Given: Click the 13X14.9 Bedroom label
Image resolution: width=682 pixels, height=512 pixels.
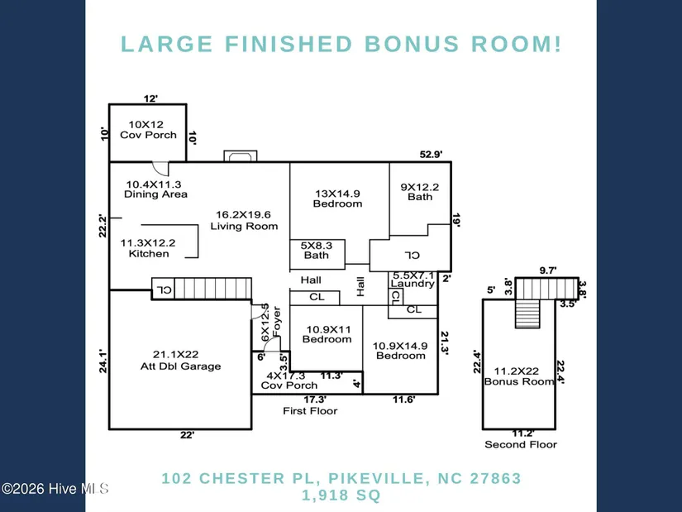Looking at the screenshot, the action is point(337,199).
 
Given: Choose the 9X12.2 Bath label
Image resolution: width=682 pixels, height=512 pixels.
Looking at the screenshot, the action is point(420,192).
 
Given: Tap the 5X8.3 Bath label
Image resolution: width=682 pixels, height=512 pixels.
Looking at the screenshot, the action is point(317,251).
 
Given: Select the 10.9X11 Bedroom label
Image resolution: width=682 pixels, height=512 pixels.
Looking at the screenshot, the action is point(327,334).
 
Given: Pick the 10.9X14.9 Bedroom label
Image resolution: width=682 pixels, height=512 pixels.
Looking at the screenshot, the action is point(400,351).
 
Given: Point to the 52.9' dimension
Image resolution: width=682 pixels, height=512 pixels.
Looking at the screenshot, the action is point(431,154).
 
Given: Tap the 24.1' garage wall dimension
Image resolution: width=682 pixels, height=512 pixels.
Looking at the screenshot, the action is point(103,361).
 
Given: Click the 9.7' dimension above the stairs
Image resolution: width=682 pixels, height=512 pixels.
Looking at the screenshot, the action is point(548,270).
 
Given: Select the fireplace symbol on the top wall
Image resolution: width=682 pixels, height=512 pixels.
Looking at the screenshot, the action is point(241,156).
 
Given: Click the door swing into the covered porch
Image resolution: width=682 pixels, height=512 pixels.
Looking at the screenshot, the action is point(160,169).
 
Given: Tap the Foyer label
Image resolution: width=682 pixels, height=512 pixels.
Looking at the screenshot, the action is point(277,322).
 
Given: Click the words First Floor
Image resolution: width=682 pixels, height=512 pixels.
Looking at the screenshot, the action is point(310,410).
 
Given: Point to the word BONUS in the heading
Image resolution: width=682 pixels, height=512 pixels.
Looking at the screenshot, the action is point(412,44).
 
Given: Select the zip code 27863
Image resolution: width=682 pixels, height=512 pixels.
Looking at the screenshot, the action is point(495,478).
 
